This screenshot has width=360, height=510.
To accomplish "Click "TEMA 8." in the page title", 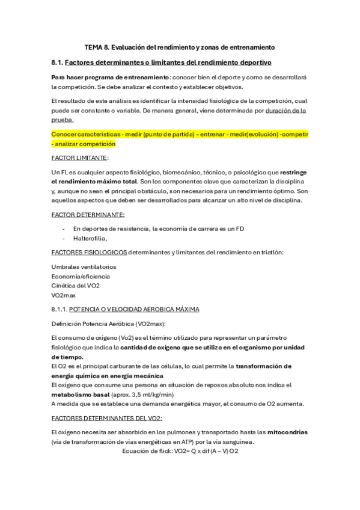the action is pyautogui.click(x=96, y=46).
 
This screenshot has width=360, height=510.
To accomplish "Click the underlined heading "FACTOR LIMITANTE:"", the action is pyautogui.click(x=80, y=157).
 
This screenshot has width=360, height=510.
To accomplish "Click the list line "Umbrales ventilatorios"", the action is pyautogui.click(x=84, y=266).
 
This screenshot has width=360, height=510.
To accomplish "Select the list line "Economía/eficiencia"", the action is pyautogui.click(x=81, y=276).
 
